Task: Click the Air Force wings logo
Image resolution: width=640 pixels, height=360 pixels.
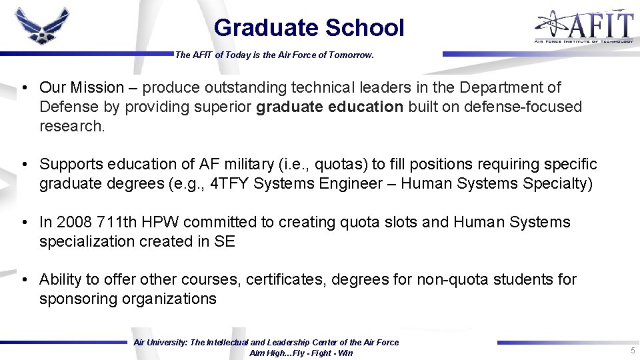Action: [x=42, y=27]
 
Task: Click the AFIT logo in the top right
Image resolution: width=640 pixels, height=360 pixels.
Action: [x=583, y=27]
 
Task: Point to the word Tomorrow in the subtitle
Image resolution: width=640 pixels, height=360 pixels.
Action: [x=348, y=55]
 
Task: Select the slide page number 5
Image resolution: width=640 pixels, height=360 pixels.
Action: [x=632, y=351]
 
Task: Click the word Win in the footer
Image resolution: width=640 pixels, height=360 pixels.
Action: [x=345, y=353]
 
